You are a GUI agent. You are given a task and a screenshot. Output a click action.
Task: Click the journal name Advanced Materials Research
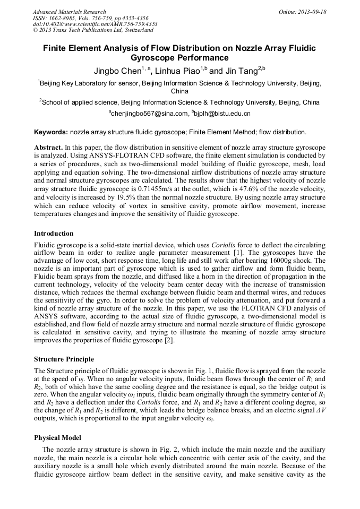[69, 12]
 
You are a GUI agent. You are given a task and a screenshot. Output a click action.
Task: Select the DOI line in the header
[95, 24]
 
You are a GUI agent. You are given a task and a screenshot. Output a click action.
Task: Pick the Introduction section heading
[54, 234]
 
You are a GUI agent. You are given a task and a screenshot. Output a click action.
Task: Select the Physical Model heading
[57, 437]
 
